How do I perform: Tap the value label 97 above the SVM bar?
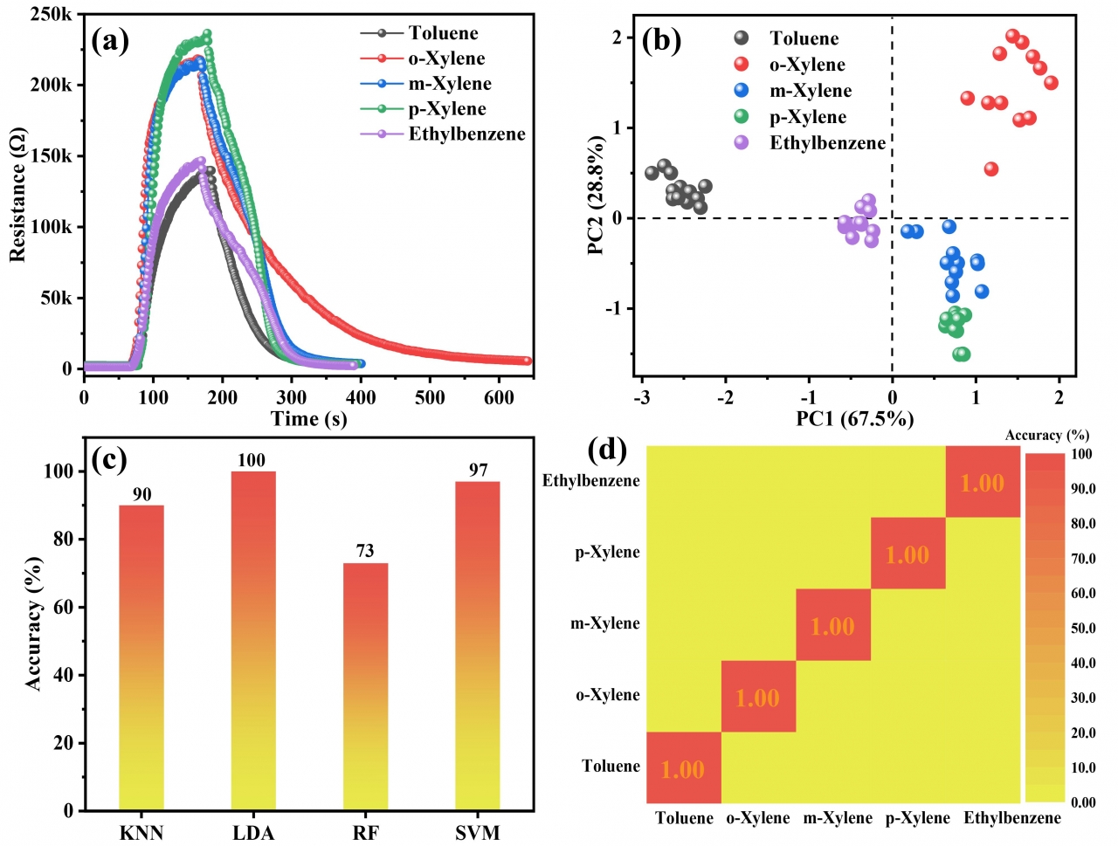coord(478,470)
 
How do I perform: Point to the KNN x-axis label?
coord(141,832)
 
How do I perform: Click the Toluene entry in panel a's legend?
coord(443,33)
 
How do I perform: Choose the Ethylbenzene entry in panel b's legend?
coord(826,143)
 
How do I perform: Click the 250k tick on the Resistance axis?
coord(52,15)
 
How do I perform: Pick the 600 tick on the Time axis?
coord(499,397)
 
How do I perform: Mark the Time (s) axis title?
coord(309,419)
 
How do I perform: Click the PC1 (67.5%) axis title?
coord(855,419)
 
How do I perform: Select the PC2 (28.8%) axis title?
coord(596,195)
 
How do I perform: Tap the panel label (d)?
coord(608,450)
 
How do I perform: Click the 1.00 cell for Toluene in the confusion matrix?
coord(683,768)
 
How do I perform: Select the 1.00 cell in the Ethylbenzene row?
coord(983,483)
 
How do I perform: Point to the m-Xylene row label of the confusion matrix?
coord(605,623)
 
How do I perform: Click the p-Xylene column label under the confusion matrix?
coord(917,818)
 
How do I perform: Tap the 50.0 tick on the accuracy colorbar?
coord(1083,628)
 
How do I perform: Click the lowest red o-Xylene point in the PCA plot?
coord(990,169)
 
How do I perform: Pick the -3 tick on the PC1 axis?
coord(642,397)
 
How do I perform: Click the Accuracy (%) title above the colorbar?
coord(1047,435)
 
